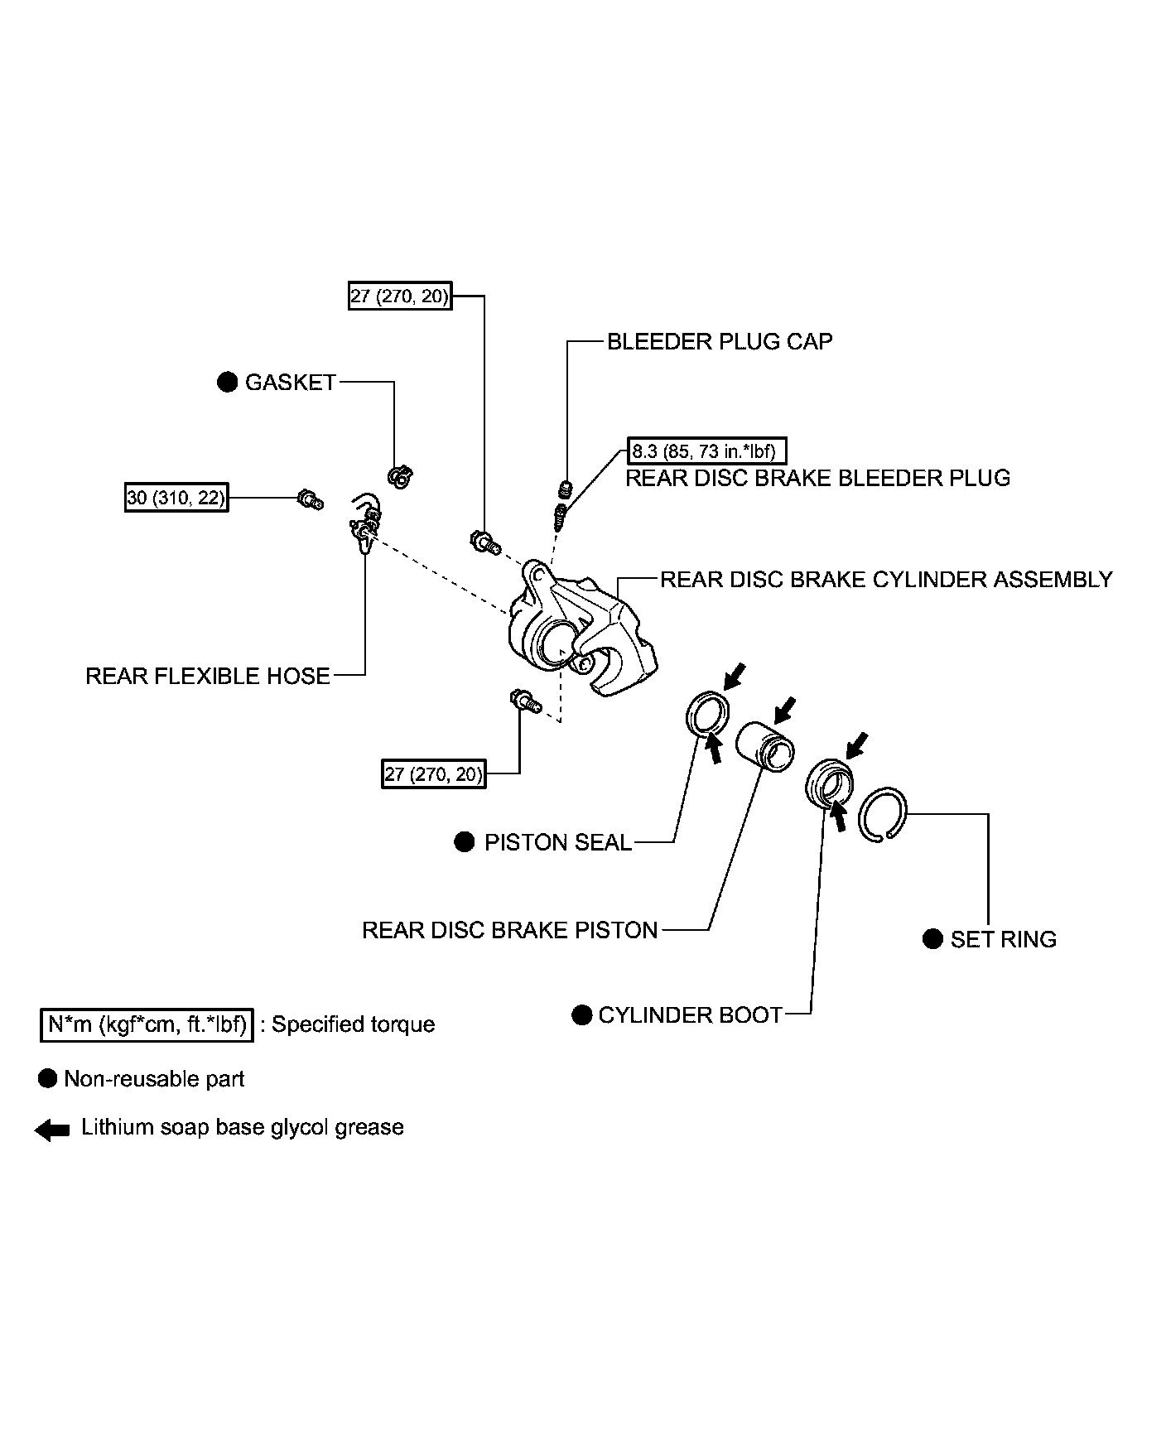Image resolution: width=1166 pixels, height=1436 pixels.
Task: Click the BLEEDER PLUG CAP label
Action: pyautogui.click(x=720, y=342)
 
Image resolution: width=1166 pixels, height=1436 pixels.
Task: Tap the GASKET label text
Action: pyautogui.click(x=291, y=383)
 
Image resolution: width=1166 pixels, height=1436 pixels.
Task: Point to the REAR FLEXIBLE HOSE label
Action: pyautogui.click(x=208, y=676)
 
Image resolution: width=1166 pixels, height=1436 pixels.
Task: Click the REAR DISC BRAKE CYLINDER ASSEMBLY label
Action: pyautogui.click(x=886, y=579)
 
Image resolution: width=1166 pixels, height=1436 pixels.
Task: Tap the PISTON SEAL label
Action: pyautogui.click(x=558, y=842)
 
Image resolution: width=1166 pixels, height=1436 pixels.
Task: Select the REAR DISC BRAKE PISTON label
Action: pyautogui.click(x=510, y=930)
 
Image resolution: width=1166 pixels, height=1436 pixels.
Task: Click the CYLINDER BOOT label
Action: pyautogui.click(x=691, y=1015)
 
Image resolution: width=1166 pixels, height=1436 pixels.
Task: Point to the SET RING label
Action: pyautogui.click(x=1004, y=939)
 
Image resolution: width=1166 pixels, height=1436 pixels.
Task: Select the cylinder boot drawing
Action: pyautogui.click(x=828, y=782)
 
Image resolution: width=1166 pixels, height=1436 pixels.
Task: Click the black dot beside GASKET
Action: pyautogui.click(x=227, y=383)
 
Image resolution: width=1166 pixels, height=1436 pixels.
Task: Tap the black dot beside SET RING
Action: pyautogui.click(x=932, y=939)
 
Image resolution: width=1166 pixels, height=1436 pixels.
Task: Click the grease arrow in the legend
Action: pyautogui.click(x=52, y=1130)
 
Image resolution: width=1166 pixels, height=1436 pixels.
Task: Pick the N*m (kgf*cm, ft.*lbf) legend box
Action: pyautogui.click(x=147, y=1024)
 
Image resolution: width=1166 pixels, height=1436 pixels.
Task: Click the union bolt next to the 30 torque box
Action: pyautogui.click(x=310, y=499)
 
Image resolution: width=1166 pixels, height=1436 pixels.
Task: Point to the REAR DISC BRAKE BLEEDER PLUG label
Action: pyautogui.click(x=817, y=478)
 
